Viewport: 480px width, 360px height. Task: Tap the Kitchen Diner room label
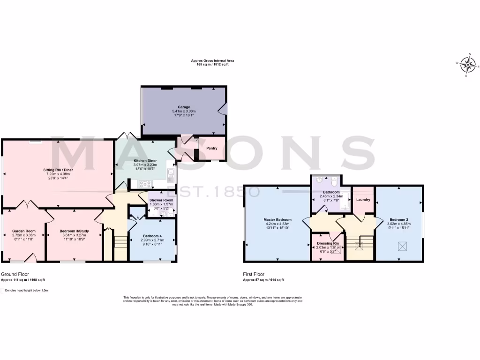145,161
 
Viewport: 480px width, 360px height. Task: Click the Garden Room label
24,231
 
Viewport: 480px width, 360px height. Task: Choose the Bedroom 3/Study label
74,231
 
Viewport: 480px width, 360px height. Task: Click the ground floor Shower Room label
161,200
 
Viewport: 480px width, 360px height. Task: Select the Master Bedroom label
277,219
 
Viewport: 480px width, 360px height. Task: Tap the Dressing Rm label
327,244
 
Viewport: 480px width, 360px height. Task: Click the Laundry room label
363,200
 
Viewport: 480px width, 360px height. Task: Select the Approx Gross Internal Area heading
212,60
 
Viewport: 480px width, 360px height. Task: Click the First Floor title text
254,274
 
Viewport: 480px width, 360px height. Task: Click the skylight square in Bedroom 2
402,246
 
